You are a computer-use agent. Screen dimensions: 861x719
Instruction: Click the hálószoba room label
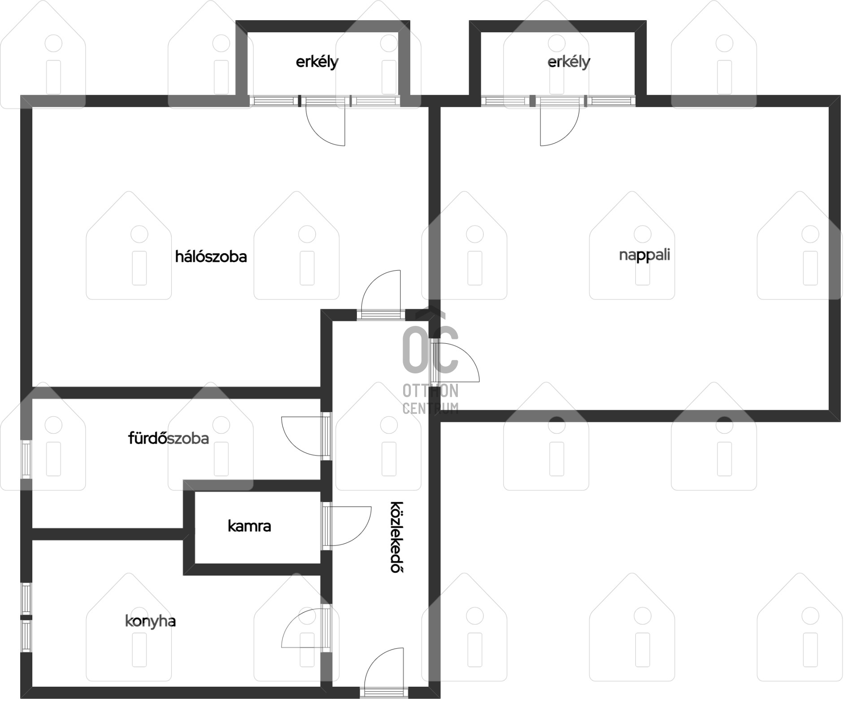[x=211, y=257]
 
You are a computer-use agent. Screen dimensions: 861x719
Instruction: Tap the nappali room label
[x=644, y=256]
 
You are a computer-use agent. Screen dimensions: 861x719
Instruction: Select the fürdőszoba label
[x=169, y=438]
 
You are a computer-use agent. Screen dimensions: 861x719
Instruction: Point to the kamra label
[x=249, y=526]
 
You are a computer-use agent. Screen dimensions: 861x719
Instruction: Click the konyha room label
[x=150, y=621]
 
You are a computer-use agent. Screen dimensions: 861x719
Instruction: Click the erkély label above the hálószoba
[x=317, y=62]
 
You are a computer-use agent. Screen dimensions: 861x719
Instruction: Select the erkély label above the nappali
[x=569, y=62]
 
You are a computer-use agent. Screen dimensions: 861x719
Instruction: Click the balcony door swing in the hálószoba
[x=326, y=126]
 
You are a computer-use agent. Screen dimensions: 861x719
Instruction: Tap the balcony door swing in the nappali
[x=560, y=126]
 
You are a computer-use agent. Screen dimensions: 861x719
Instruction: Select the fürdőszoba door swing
[x=301, y=436]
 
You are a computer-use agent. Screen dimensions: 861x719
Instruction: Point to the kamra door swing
[x=352, y=526]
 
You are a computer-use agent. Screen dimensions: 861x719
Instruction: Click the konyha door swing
[x=301, y=628]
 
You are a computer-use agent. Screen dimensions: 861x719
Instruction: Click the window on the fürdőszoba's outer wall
[x=26, y=459]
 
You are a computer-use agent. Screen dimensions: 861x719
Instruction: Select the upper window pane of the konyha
[x=26, y=598]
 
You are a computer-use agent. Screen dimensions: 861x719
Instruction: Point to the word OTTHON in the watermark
[x=430, y=391]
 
